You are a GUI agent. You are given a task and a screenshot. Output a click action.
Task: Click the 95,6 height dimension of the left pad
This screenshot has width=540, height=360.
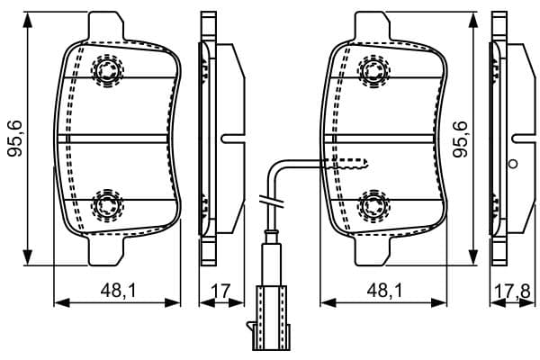tap(14, 139)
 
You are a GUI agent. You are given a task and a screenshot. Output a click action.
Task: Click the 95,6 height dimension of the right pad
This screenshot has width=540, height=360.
tap(460, 139)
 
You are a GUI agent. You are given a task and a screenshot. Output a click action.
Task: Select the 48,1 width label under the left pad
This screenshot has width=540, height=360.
tap(119, 291)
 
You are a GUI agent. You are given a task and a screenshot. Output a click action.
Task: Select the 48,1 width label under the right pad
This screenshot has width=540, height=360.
tap(384, 291)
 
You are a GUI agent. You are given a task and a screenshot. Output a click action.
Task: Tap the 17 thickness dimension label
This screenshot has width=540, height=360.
tap(220, 291)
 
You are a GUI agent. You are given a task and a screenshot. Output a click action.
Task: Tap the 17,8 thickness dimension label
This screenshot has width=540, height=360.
tap(512, 292)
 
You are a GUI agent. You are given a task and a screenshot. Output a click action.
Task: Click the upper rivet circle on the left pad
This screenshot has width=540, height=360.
tap(107, 70)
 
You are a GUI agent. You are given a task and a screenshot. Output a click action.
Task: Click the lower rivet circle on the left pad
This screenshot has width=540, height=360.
tap(107, 206)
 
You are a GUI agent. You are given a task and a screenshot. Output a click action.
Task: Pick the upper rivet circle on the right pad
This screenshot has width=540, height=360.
tap(373, 70)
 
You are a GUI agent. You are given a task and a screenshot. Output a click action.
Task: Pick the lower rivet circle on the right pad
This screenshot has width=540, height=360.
tap(373, 206)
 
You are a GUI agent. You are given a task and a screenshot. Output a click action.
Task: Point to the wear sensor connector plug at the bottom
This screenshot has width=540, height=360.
tap(269, 318)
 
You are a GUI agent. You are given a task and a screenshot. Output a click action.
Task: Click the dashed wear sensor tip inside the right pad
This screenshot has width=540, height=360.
tap(347, 164)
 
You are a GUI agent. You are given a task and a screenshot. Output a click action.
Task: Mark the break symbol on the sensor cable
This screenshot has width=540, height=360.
tap(271, 202)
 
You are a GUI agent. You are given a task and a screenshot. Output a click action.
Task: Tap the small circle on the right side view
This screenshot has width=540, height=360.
tap(513, 164)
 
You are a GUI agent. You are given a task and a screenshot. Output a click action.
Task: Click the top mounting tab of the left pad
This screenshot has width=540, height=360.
tap(106, 26)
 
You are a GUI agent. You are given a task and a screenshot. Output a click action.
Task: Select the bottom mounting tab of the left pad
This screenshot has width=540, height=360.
tap(106, 251)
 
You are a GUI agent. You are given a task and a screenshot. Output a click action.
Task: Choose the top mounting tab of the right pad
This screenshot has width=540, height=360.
tap(373, 26)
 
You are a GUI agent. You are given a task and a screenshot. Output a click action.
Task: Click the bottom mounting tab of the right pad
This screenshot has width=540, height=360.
tap(373, 251)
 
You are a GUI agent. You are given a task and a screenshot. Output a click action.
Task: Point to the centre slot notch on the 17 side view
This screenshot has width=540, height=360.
tap(233, 139)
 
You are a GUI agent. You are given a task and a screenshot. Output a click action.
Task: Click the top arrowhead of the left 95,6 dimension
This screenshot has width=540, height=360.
tap(27, 20)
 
